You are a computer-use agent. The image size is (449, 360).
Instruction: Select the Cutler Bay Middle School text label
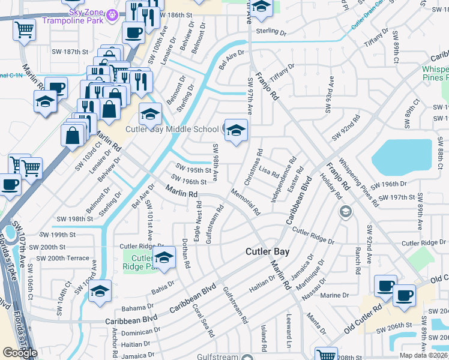[x=172, y=129]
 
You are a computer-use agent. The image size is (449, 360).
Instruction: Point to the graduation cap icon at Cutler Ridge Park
[x=163, y=259]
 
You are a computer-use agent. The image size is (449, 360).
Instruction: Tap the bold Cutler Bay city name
[x=267, y=252]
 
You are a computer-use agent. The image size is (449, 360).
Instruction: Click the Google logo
[x=20, y=353]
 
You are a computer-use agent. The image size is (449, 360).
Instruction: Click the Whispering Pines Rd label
[x=358, y=182]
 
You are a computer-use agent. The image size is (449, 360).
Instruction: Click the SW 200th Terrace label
[x=62, y=258]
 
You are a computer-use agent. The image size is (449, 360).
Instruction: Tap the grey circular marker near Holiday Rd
[x=345, y=211]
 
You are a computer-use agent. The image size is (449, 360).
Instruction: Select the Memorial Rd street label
[x=245, y=202]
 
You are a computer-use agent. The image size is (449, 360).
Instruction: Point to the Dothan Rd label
[x=186, y=254]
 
